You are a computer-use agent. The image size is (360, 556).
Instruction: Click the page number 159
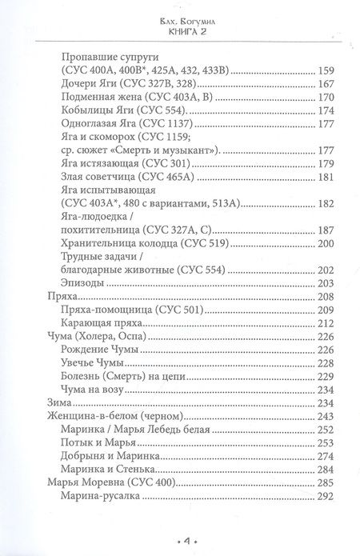click(309, 73)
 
